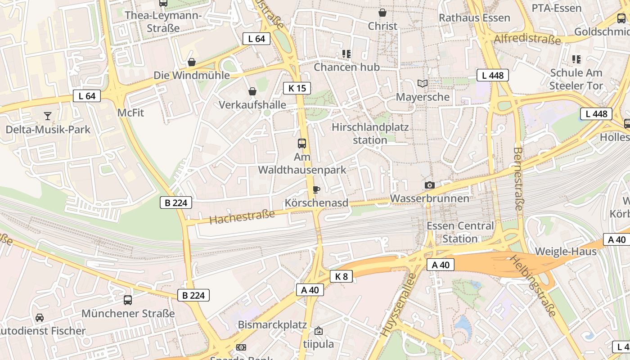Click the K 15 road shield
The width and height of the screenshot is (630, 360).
(x=297, y=88)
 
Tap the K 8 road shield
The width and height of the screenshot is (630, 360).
(x=342, y=276)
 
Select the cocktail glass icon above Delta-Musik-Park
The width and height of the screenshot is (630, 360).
(x=48, y=116)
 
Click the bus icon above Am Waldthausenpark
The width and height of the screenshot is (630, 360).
(x=302, y=144)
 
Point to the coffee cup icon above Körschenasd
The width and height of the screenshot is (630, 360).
(x=316, y=189)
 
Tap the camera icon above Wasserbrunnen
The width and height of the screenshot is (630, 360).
(x=430, y=185)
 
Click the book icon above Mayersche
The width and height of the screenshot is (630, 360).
(x=423, y=83)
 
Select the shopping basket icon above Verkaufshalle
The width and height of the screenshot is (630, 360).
(x=252, y=91)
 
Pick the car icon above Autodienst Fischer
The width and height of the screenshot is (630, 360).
(x=40, y=318)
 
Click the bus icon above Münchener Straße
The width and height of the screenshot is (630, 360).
(x=128, y=300)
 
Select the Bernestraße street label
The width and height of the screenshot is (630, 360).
(x=518, y=179)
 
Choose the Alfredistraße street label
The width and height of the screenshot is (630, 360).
(x=527, y=39)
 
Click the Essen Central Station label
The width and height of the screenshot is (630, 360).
(x=460, y=232)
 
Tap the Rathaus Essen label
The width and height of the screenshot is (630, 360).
(x=474, y=18)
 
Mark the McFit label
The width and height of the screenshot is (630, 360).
(x=130, y=112)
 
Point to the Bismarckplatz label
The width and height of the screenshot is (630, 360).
(x=272, y=324)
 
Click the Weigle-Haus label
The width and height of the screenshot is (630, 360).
(x=566, y=251)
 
